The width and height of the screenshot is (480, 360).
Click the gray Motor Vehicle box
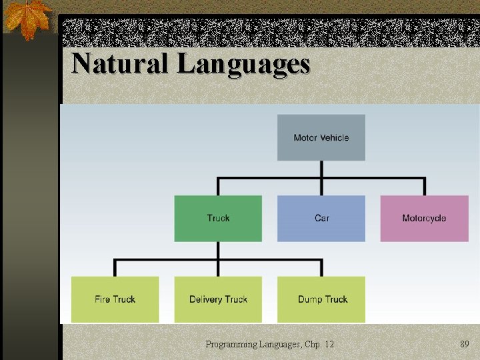click(x=321, y=137)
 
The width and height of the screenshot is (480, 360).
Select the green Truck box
click(x=218, y=218)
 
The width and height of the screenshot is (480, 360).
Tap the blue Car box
click(x=321, y=218)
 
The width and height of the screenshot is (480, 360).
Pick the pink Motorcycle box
click(x=424, y=218)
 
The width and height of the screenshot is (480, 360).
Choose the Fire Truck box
click(x=115, y=299)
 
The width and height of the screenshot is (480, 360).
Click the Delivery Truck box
click(x=218, y=299)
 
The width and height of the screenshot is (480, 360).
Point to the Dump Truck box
click(x=321, y=299)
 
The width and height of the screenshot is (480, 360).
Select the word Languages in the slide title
click(x=243, y=65)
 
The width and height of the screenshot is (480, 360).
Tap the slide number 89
click(x=465, y=344)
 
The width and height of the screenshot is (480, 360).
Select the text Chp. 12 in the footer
click(x=319, y=344)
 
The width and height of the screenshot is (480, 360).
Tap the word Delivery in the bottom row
click(x=205, y=299)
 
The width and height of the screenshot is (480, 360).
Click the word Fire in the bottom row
click(x=102, y=299)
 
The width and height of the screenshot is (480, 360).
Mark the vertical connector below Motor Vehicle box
click(x=321, y=169)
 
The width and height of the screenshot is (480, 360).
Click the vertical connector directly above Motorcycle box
click(x=424, y=186)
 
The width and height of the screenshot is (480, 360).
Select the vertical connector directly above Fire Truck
click(x=115, y=268)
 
